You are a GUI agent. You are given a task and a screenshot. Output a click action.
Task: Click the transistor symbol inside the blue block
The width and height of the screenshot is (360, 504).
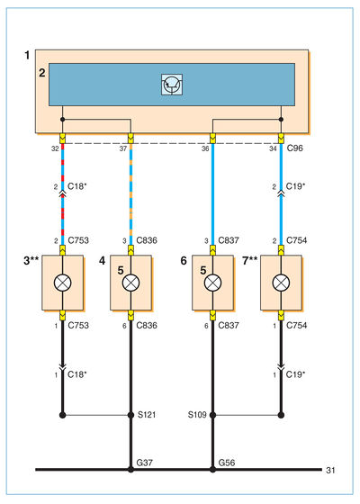pos(172,85)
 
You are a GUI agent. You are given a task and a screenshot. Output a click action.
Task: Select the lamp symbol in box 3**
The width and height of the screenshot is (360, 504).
pos(63,283)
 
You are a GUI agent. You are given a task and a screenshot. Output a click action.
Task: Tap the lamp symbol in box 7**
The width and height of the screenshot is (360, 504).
pos(281,283)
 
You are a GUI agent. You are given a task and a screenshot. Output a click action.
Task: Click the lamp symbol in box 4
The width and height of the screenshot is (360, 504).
pos(130,283)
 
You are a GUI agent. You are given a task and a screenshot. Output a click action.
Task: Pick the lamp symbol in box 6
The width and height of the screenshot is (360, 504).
pos(212,283)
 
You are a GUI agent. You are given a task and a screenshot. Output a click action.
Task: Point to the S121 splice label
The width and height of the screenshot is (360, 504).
pos(147,415)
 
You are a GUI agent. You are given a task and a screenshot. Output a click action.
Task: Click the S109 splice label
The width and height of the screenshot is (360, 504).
pos(197,415)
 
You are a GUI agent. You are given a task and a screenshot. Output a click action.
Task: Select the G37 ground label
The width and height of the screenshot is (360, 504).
pos(145,463)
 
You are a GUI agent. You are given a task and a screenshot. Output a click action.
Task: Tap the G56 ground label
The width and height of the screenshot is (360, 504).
pos(227,463)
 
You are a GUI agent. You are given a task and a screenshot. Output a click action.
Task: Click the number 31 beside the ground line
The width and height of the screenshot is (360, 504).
pos(331,470)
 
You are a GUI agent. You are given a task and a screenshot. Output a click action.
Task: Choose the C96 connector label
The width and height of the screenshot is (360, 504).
pos(295,148)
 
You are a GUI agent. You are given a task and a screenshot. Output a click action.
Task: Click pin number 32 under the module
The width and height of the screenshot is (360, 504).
pos(55,148)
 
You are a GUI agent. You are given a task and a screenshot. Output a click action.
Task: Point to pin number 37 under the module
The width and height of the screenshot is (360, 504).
pos(123,148)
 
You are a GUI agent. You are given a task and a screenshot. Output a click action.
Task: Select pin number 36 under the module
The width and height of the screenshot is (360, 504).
pos(205,148)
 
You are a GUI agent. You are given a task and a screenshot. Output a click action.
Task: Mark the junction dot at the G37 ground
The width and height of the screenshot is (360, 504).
pos(130,470)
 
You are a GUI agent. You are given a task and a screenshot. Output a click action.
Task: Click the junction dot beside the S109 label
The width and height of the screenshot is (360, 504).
pos(212,415)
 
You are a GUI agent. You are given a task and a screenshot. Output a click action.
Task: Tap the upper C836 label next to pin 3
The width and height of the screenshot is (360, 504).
pos(147,240)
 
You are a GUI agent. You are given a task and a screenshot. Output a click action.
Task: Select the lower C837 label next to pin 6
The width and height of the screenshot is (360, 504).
pos(229,325)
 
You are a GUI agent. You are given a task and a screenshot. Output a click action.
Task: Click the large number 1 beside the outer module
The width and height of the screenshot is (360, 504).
pos(27,55)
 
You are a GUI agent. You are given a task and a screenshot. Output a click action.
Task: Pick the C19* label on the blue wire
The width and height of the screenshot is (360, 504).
pos(295,186)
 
